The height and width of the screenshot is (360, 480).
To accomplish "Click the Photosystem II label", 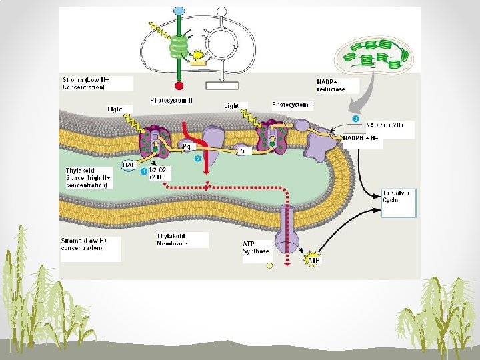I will pyautogui.click(x=171, y=101).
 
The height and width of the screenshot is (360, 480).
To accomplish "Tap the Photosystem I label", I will pyautogui.click(x=291, y=105).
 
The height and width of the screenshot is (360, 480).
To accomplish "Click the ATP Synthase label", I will pyautogui.click(x=256, y=247).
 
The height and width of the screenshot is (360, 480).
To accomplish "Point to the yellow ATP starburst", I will pyautogui.click(x=312, y=260).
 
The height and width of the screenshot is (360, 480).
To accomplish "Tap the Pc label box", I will pyautogui.click(x=243, y=151).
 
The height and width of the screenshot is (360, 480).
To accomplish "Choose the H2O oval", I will pyautogui.click(x=127, y=165).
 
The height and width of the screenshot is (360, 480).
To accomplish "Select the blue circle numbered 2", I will pyautogui.click(x=197, y=159).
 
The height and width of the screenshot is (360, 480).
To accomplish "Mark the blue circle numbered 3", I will pyautogui.click(x=355, y=118).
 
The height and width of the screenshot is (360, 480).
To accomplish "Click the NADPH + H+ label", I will pyautogui.click(x=363, y=138).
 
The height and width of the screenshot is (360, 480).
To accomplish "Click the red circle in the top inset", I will pyautogui.click(x=179, y=86).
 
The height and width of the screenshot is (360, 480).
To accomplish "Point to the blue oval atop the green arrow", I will pyautogui.click(x=179, y=11).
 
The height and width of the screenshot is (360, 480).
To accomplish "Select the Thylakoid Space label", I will pyautogui.click(x=87, y=177).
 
